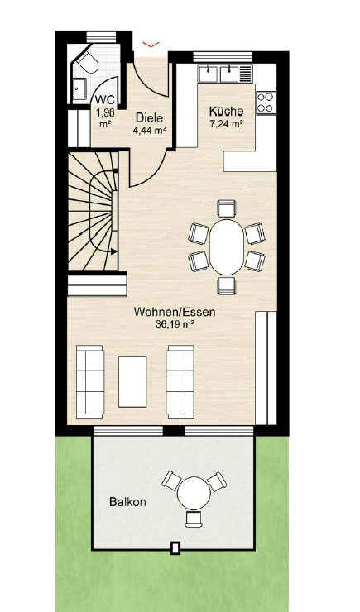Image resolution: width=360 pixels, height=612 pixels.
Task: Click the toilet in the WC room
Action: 88,62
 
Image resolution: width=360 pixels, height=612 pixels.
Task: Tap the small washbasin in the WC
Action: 79,90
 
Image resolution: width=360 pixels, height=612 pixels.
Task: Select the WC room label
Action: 104,100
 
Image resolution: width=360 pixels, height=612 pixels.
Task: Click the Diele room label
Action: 149,117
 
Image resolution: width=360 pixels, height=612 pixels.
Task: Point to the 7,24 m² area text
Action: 227,124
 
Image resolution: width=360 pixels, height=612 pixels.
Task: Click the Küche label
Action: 226,112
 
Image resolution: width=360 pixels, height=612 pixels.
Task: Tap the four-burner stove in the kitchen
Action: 266,103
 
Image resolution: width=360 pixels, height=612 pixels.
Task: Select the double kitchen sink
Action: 218,74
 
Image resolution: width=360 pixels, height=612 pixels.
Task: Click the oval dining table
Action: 227,246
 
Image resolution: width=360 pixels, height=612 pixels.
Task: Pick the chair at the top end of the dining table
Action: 227,208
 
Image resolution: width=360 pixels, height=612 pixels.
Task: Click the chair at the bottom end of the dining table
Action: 227,285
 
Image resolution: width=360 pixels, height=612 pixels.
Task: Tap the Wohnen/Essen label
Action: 175,313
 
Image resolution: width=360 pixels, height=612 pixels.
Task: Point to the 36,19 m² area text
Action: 175,324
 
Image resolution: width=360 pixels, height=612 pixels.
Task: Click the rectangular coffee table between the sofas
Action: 132,382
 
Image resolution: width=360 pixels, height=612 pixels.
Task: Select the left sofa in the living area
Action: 90,382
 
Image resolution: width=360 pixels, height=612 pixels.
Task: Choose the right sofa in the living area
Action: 180,382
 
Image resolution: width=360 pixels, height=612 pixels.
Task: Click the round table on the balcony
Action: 194,494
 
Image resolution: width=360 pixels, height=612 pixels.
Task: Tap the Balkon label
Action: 127,501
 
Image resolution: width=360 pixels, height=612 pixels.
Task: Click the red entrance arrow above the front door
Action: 151,45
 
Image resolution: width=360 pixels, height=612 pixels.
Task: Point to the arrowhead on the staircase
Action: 113,251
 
